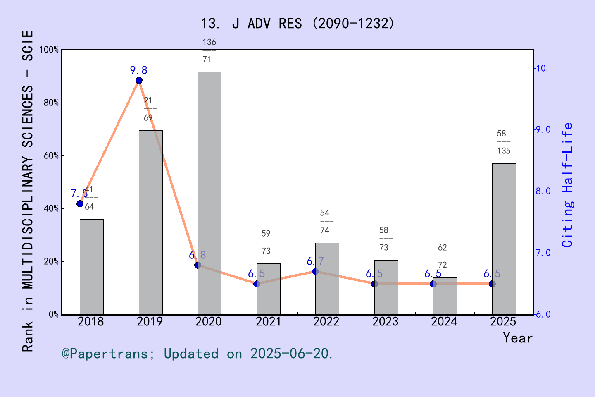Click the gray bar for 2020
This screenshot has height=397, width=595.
coord(209,193)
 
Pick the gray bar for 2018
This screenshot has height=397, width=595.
coord(91,267)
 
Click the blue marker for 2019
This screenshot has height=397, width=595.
coord(139,81)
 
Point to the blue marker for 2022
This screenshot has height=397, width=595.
coord(315,271)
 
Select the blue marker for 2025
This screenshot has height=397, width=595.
coord(492,284)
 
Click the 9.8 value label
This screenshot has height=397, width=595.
coord(139,70)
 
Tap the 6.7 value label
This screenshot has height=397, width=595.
coord(315,261)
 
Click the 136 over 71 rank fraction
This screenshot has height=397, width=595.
coord(209,50)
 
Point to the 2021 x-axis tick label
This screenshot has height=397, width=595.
coord(268,322)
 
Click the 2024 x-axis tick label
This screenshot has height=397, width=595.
coord(444,322)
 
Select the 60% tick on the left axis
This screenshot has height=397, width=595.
coord(51,156)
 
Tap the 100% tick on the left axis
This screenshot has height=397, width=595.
coord(49,50)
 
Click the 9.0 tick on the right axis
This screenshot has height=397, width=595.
coord(543,130)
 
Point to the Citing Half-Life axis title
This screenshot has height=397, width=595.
coord(568,185)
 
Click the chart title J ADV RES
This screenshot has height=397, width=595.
coord(297,24)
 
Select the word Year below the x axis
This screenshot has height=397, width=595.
coord(518,338)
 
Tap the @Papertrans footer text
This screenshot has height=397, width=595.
coord(198,354)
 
